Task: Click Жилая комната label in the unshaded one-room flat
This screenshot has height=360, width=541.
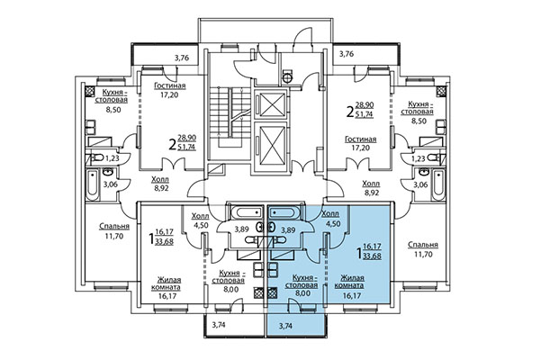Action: [x=167, y=285]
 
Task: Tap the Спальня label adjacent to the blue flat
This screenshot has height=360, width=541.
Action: [x=422, y=245]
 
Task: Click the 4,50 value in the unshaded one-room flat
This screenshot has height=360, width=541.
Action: [x=200, y=225]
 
